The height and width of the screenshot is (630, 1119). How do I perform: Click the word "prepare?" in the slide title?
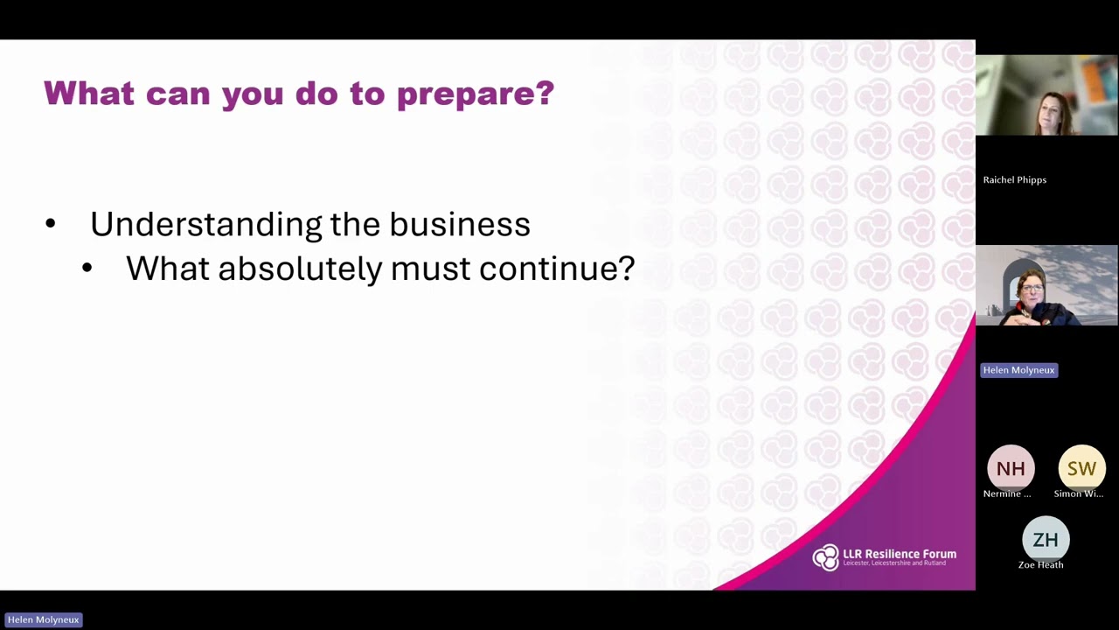[x=476, y=94]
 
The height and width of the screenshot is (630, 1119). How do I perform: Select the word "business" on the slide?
[x=460, y=224]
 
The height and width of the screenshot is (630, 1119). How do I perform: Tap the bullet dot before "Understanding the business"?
[x=51, y=225]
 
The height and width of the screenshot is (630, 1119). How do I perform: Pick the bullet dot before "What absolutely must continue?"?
[x=87, y=269]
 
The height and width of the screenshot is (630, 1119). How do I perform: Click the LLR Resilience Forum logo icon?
[x=825, y=557]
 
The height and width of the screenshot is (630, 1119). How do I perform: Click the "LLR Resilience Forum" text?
[x=900, y=554]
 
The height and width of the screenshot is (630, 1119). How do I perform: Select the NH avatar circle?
[x=1011, y=469]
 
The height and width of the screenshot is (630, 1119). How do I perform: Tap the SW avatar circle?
[x=1081, y=469]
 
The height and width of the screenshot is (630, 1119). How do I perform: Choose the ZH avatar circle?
[x=1046, y=540]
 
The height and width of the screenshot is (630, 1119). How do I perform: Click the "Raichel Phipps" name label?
[x=1014, y=180]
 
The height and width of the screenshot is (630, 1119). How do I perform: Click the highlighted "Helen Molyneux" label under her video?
[x=1018, y=370]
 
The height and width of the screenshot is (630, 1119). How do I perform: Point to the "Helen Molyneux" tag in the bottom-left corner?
[x=43, y=619]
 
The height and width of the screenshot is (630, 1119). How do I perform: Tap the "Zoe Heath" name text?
[x=1040, y=565]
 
